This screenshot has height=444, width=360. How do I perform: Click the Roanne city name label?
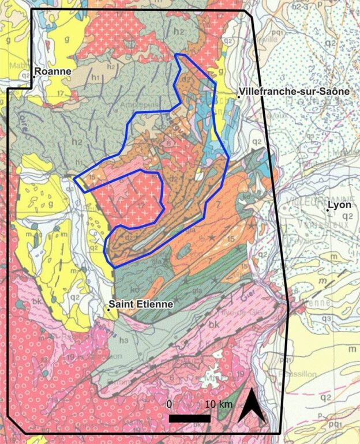(x=52, y=72)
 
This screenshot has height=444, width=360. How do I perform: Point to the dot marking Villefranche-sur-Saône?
(x=238, y=97)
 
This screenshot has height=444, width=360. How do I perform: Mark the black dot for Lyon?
(x=327, y=210)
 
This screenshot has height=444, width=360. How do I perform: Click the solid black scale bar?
(x=189, y=418)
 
